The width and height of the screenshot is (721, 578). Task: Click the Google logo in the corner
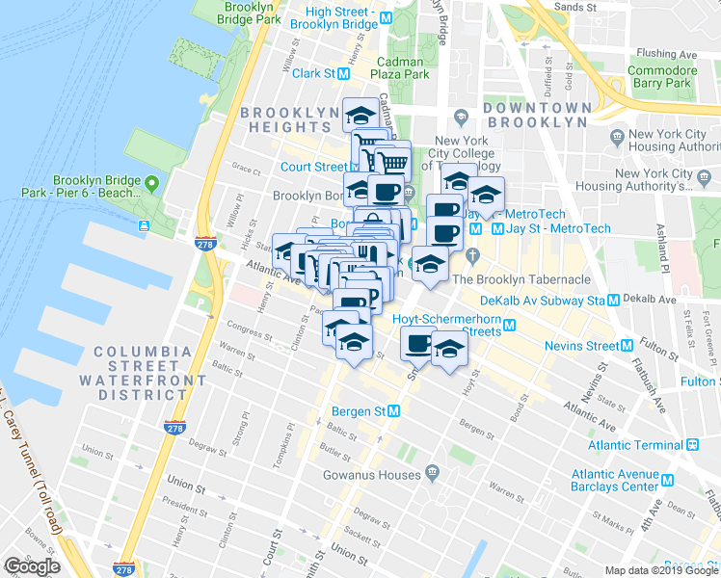(x=32, y=566)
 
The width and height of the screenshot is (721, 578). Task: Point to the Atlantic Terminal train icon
(x=691, y=445)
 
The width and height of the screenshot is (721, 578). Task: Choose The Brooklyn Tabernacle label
(x=533, y=279)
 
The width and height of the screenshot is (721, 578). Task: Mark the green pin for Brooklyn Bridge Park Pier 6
(x=151, y=182)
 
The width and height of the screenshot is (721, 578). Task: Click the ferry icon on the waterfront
(x=144, y=226)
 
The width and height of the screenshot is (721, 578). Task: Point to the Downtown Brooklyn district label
(x=535, y=116)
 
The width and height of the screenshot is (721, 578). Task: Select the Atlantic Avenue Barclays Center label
(x=615, y=481)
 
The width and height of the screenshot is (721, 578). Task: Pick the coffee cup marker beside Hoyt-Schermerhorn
(x=418, y=343)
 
